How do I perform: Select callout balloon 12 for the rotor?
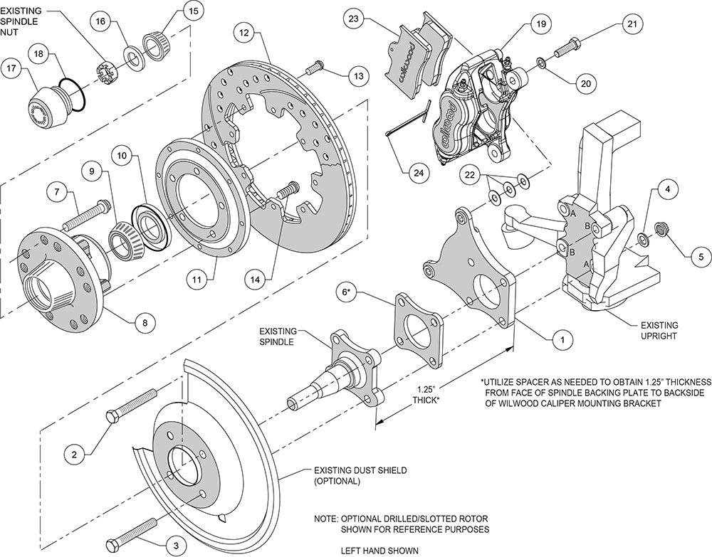[x=245, y=33]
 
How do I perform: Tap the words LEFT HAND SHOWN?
[x=379, y=549]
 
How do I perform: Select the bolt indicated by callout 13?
[x=315, y=68]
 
